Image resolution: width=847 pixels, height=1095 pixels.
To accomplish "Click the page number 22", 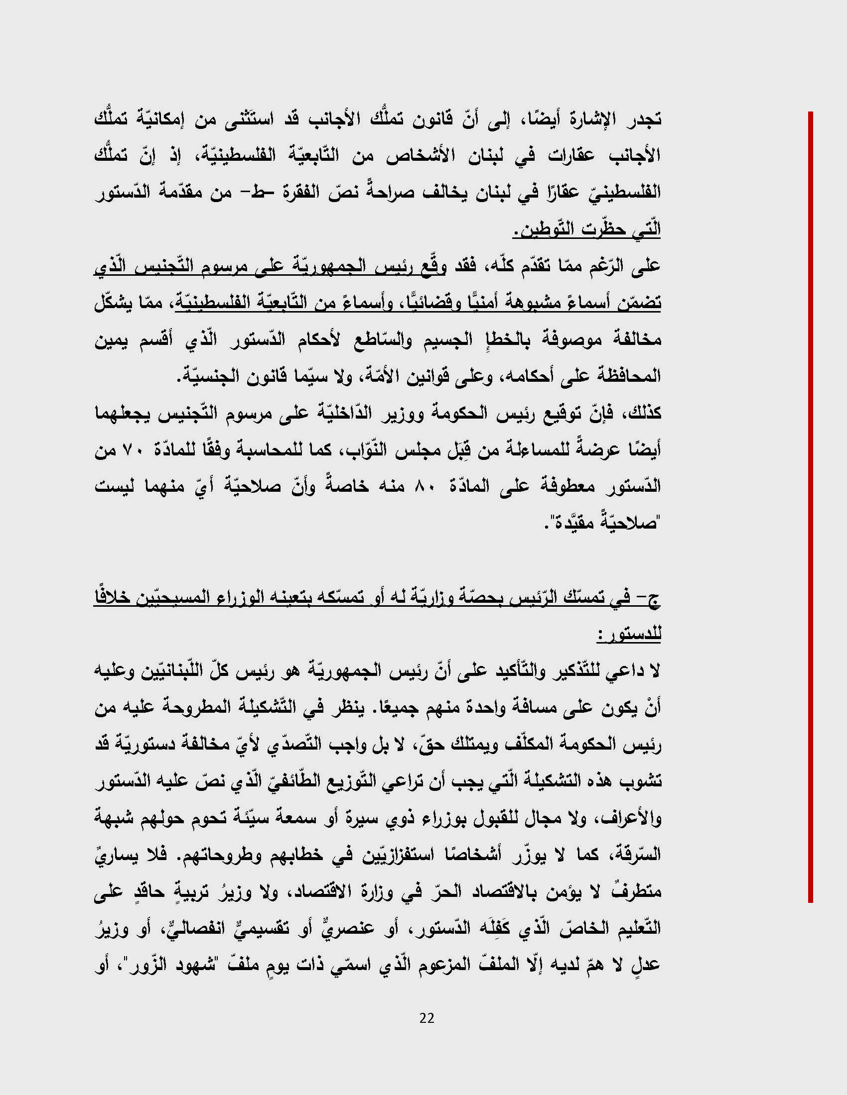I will [x=427, y=1018].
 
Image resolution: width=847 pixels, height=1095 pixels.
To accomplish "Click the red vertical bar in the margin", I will [x=810, y=506].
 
